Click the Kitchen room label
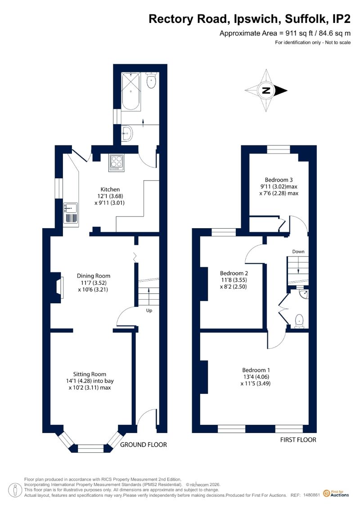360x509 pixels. click(110, 189)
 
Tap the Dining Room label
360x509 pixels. click(94, 276)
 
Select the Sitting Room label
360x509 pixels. click(90, 374)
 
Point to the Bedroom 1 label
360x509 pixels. click(256, 370)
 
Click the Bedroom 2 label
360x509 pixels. click(234, 273)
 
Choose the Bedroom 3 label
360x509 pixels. click(279, 180)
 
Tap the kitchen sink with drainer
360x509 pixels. click(71, 213)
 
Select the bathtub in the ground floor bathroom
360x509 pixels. click(131, 91)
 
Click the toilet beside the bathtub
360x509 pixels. click(151, 80)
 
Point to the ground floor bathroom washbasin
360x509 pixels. click(127, 133)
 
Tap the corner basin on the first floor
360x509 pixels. click(304, 294)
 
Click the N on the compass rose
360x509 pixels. click(266, 90)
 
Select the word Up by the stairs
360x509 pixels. click(149, 311)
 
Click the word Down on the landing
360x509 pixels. click(298, 252)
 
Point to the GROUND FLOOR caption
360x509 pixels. click(144, 445)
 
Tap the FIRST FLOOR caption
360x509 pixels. click(298, 440)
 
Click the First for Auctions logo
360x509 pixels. click(336, 493)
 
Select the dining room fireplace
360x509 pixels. click(58, 287)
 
